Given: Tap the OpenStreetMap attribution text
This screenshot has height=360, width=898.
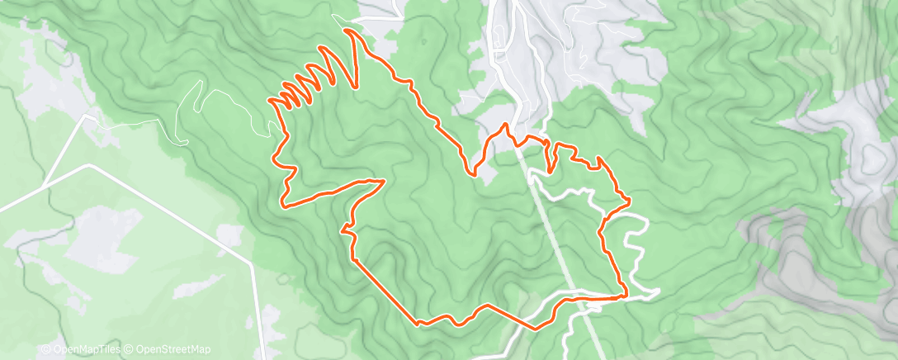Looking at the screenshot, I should pyautogui.click(x=169, y=350).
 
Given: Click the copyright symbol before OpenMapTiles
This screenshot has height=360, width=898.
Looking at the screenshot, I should pyautogui.click(x=45, y=350).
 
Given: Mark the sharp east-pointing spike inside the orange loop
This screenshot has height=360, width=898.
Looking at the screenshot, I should pyautogui.click(x=385, y=179).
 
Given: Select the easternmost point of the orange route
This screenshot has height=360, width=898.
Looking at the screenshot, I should pyautogui.click(x=631, y=200).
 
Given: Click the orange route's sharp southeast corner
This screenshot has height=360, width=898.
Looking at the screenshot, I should pyautogui.click(x=625, y=295).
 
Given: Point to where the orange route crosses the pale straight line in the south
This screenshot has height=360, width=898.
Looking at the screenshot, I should pyautogui.click(x=583, y=301).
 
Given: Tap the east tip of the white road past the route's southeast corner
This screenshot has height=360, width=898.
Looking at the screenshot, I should pyautogui.click(x=659, y=290).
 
